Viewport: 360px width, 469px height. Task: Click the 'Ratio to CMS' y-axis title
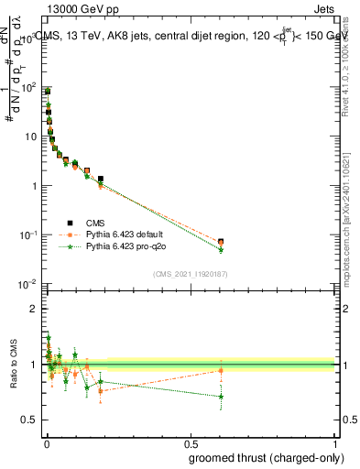tap(13, 365)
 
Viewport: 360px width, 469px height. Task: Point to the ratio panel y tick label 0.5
tap(28, 420)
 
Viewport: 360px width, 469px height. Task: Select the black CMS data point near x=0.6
tap(221, 242)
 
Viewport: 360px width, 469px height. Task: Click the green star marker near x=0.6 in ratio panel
tap(221, 397)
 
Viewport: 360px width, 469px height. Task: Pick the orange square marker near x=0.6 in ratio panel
tap(221, 370)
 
